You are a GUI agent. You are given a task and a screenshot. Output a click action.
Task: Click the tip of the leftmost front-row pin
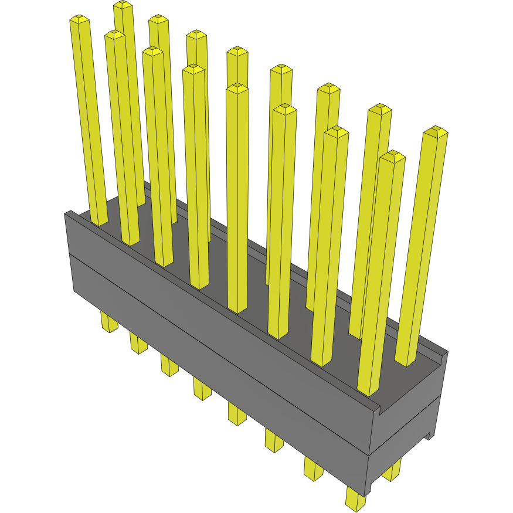80,20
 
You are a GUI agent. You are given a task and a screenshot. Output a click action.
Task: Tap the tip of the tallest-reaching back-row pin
123,5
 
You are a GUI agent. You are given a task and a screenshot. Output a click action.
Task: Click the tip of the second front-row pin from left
115,35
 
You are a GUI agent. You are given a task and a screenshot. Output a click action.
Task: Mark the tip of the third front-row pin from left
152,52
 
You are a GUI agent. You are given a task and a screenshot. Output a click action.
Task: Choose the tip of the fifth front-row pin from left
237,89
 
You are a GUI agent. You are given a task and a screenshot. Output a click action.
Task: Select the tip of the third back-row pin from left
197,35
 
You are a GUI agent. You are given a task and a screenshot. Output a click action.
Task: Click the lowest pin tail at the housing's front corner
355,500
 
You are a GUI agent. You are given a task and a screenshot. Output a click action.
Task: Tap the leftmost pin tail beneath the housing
109,323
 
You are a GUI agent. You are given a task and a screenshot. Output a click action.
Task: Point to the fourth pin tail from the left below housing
202,389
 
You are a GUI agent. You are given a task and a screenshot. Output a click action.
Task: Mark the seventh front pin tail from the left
313,469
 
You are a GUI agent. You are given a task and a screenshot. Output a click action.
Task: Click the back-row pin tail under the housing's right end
392,470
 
